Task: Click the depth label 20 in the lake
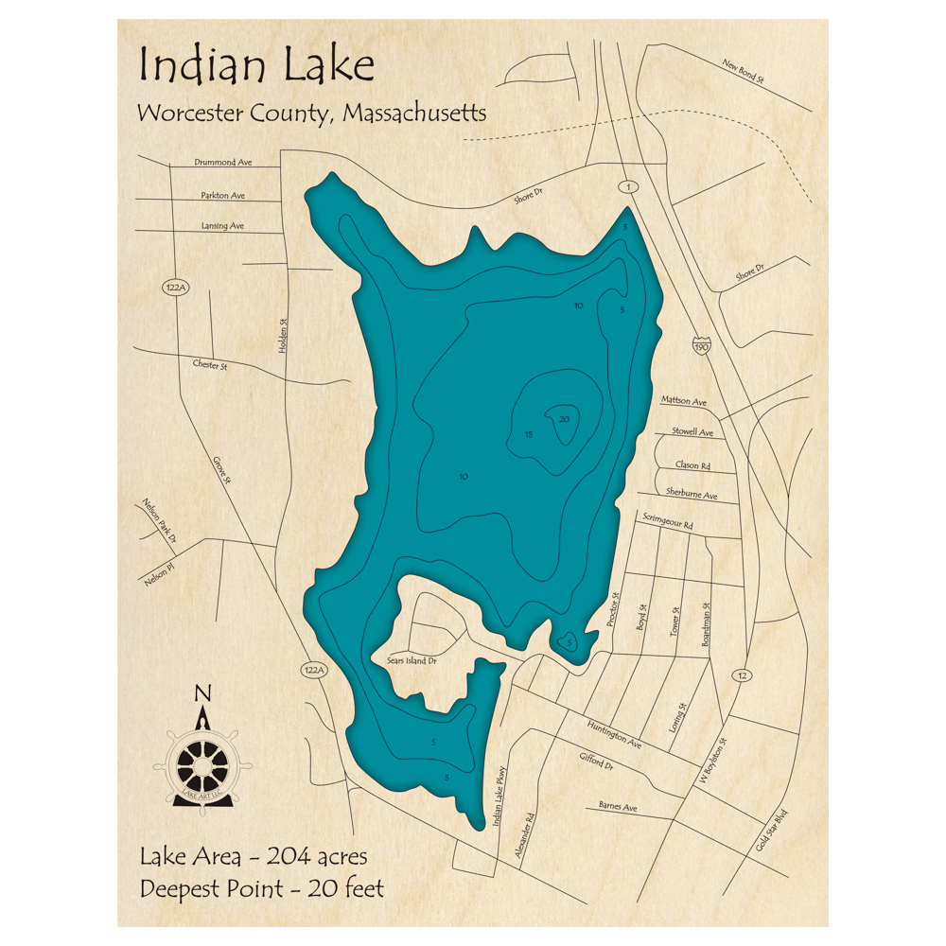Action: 564,419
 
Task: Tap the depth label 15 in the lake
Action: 529,434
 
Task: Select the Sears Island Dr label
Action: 411,660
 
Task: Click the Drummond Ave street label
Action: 223,163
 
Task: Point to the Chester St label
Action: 210,364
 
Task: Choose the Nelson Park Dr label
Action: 160,521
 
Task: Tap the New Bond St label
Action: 743,71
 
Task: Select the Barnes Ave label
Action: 618,808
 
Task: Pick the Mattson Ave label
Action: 684,402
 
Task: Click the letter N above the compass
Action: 201,694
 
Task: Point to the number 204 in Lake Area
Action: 293,857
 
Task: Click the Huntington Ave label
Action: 614,733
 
